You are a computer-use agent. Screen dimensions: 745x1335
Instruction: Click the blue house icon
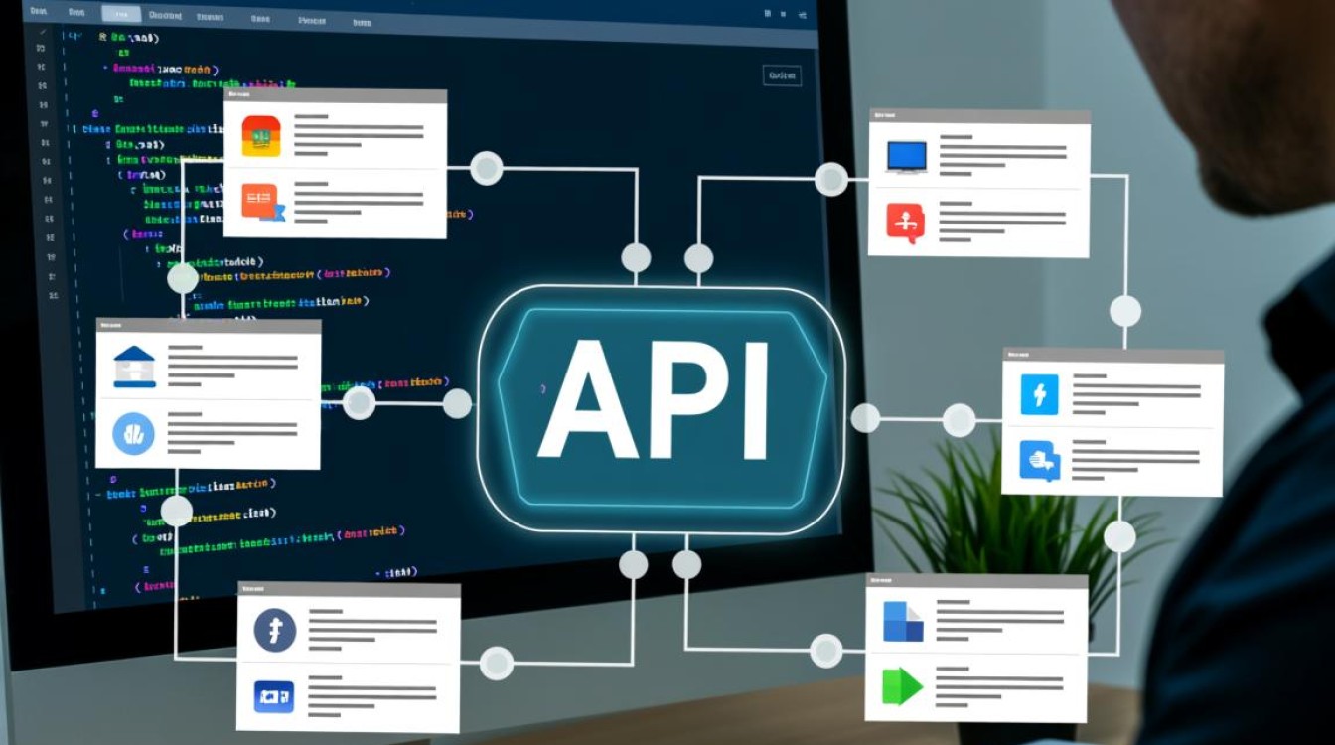point(134,367)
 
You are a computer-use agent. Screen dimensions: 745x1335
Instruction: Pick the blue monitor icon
point(906,157)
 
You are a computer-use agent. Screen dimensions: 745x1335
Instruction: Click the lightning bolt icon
point(1040,394)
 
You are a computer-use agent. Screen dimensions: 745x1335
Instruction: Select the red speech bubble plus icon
point(905,223)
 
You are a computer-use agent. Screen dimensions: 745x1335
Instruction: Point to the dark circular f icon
point(275,630)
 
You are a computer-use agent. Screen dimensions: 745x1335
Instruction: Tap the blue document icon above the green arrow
point(902,622)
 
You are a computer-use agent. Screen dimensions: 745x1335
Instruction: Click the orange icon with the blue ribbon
point(262,203)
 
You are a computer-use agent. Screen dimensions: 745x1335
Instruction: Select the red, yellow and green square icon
point(261,136)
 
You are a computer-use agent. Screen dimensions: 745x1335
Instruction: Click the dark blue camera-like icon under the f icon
point(274,695)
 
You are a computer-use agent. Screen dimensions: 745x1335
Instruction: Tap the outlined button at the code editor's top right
point(782,75)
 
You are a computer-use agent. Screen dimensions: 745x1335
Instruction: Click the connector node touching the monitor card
point(831,179)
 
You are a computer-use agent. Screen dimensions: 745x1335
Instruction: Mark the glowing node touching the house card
point(359,402)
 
